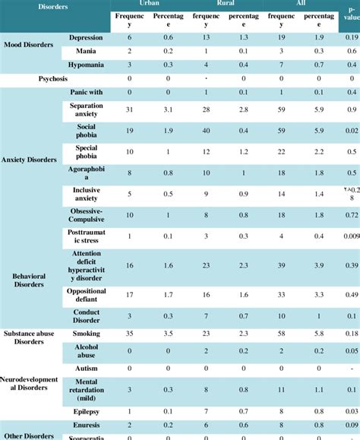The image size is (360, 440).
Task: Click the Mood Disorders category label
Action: click(x=29, y=45)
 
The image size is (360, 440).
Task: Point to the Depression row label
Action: click(x=86, y=37)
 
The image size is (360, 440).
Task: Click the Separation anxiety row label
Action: click(x=86, y=109)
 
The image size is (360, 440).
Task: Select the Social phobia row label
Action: click(x=86, y=130)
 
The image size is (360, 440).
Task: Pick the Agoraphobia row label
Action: click(x=86, y=173)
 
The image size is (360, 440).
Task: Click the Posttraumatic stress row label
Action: click(x=86, y=236)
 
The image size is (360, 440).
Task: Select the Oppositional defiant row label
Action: click(x=86, y=295)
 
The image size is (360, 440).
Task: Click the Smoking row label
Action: click(x=86, y=333)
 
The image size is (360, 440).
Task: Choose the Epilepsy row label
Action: click(x=86, y=411)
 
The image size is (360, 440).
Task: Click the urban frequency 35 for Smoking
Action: click(x=128, y=333)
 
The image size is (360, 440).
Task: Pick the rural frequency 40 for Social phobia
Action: click(x=205, y=130)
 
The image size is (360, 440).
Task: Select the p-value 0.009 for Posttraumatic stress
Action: click(x=350, y=236)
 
